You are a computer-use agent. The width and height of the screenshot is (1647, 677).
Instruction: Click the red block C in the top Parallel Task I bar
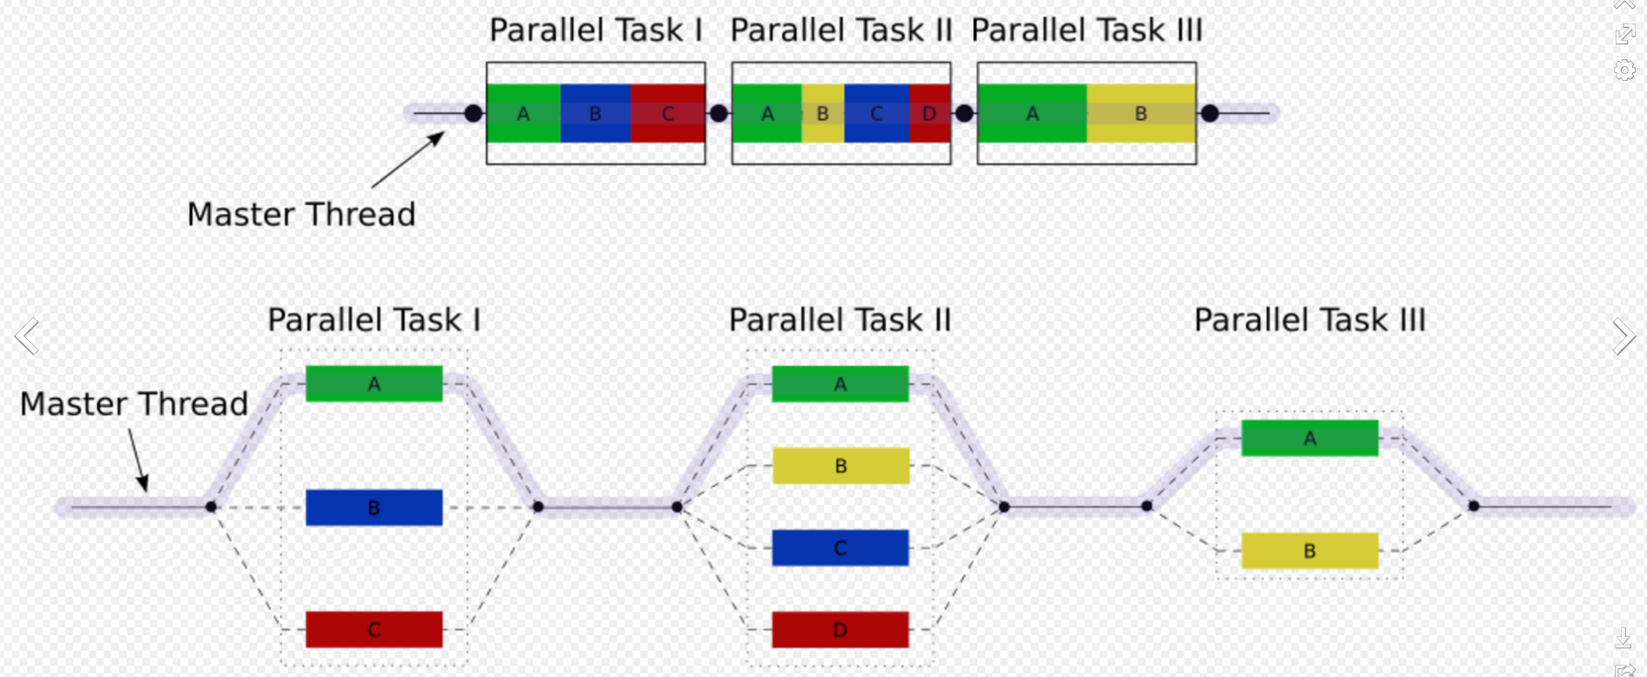point(668,113)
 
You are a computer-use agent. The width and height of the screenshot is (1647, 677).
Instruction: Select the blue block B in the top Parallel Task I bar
point(596,113)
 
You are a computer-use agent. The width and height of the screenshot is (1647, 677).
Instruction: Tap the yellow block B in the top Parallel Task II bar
point(822,113)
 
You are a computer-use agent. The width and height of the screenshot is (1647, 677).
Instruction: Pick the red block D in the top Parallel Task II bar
point(930,113)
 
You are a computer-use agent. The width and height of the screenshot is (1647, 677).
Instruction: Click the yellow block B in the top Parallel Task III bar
point(1141,113)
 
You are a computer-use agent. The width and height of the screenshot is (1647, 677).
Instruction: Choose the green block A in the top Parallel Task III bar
point(1032,113)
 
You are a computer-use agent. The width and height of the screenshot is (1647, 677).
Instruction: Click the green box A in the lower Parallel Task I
point(374,383)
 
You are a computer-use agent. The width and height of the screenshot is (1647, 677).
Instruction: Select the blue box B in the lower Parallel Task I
point(374,507)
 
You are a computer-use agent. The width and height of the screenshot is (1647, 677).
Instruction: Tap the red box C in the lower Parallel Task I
point(374,629)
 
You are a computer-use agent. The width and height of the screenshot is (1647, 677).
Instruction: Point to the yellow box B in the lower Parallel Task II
point(840,465)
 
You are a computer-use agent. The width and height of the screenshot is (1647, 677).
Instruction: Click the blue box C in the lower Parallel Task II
point(840,548)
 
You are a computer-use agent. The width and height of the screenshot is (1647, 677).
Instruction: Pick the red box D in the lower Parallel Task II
point(840,629)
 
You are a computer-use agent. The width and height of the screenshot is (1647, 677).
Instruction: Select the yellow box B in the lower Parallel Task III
point(1310,551)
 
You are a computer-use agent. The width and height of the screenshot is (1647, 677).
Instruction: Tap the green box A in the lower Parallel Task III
point(1310,438)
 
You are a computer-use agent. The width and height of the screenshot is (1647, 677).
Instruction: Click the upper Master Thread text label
point(301,214)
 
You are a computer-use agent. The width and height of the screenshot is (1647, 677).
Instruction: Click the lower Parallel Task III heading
point(1310,320)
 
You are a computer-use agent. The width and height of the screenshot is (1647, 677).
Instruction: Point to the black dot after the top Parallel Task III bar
point(1210,113)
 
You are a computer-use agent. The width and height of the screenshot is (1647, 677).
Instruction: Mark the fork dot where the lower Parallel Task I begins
point(211,506)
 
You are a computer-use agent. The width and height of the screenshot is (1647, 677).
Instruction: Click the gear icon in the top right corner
point(1624,70)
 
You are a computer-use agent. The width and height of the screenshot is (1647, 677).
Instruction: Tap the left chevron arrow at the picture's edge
point(27,336)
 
